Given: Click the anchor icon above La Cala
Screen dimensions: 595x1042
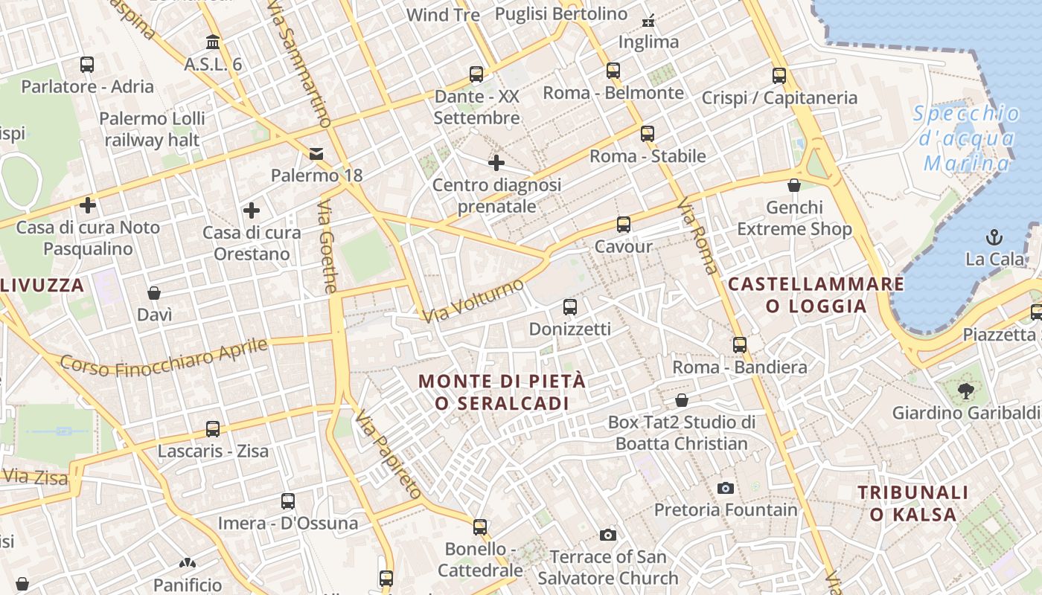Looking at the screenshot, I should [994, 237].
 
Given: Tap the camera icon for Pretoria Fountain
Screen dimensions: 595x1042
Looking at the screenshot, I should [726, 488].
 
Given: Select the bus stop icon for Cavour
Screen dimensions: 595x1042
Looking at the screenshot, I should [624, 224].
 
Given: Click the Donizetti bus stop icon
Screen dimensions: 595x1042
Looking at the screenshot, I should [570, 306].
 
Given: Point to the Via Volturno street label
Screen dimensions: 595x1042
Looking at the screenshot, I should [473, 301].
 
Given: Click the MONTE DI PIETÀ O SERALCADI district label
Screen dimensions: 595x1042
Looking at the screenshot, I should [502, 392].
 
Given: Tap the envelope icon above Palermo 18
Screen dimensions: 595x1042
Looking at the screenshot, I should [316, 154].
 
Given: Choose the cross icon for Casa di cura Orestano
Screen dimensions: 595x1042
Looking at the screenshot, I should [252, 210].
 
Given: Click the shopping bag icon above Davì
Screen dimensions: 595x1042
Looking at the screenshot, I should [154, 293].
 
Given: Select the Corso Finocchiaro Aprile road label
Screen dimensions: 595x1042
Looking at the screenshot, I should [164, 356].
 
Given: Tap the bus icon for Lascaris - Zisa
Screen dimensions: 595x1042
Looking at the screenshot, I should [213, 429].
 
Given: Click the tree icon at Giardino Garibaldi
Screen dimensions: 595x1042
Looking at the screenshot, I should [966, 390].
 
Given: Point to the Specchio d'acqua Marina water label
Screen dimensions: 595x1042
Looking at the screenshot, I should [968, 138].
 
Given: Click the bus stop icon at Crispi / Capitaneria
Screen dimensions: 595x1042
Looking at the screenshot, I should [779, 75].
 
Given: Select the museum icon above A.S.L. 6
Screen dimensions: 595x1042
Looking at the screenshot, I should [213, 42].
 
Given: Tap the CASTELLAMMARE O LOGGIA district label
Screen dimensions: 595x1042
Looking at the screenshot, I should [816, 295].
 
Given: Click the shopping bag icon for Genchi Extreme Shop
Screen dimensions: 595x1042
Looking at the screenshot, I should [794, 185].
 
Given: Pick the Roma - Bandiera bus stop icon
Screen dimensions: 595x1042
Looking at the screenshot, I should [740, 345].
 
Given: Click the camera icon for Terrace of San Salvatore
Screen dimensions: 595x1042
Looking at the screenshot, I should [608, 535].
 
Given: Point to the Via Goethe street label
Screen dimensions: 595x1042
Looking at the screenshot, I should [327, 245].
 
